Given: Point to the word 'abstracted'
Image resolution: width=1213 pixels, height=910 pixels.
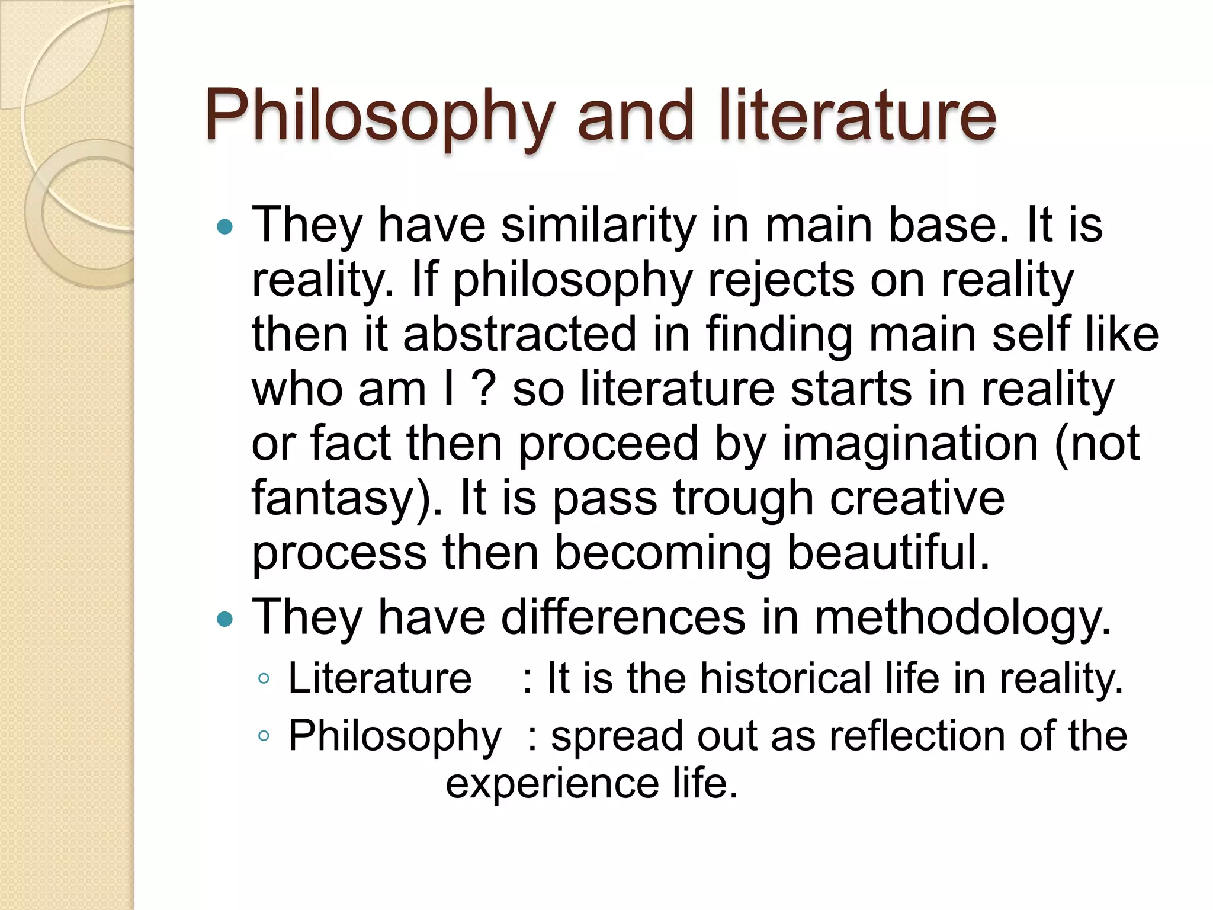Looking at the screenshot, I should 519,334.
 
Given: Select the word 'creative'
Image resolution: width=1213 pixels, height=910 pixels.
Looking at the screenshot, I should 917,498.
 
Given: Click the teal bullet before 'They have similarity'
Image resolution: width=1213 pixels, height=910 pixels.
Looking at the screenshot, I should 224,226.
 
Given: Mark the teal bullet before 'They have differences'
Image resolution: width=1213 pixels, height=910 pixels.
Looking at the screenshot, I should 224,620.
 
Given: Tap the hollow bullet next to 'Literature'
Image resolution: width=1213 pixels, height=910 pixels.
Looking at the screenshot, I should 264,679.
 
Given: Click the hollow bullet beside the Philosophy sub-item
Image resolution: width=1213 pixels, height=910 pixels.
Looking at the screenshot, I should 264,736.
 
